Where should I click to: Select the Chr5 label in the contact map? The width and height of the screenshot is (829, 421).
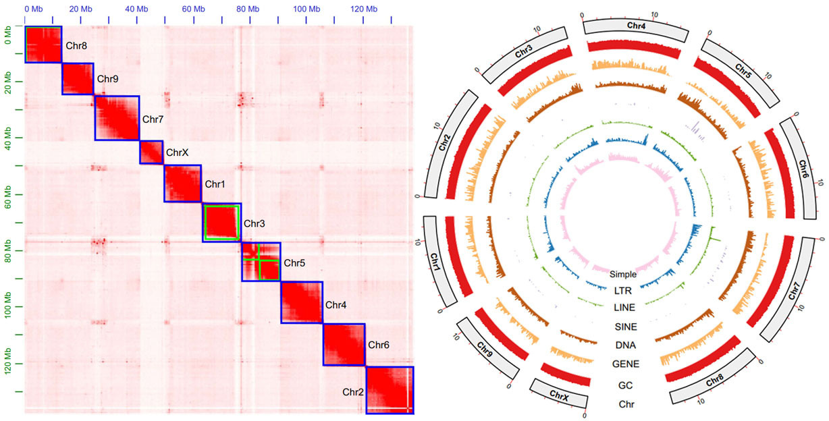tap(295, 263)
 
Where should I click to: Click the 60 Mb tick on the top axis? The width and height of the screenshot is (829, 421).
tap(192, 9)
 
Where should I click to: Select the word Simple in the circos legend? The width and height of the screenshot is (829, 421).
tap(623, 275)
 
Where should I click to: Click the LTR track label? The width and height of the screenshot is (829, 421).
tap(623, 291)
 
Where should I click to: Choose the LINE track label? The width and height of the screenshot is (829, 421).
tap(624, 307)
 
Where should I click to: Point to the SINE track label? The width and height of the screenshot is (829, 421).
tap(624, 327)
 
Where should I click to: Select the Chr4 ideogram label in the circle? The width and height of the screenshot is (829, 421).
tap(635, 25)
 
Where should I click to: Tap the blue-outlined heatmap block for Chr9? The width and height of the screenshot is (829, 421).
tap(78, 79)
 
